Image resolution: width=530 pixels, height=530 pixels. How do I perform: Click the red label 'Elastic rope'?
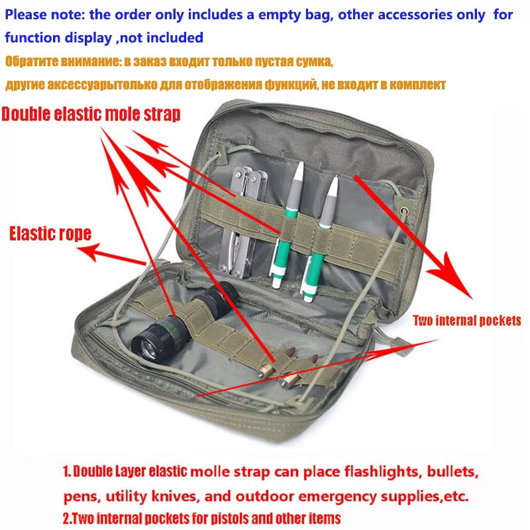click(50, 233)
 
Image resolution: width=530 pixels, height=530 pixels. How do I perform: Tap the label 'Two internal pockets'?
click(466, 321)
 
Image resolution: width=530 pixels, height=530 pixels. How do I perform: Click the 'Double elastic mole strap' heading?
click(91, 114)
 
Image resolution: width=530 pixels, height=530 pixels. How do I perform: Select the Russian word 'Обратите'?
click(32, 62)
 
